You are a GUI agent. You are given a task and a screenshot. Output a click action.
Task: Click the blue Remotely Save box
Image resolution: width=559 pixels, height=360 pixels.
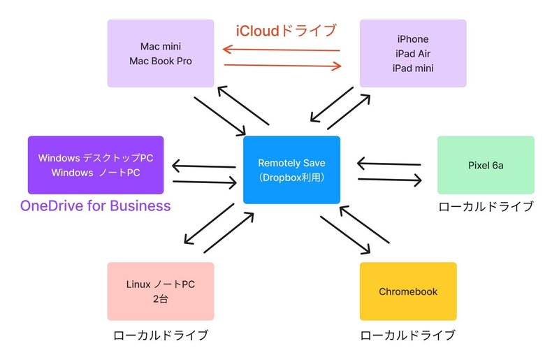tap(291, 170)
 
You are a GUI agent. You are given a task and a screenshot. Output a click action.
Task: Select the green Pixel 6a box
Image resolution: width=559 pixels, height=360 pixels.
tap(486, 165)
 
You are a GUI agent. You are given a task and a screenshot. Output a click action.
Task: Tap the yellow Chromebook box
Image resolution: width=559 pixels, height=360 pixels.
tap(408, 291)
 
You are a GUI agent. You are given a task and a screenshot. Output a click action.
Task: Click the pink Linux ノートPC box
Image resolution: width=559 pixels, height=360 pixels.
tap(161, 291)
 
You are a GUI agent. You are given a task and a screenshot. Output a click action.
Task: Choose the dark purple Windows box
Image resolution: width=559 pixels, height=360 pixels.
tap(96, 165)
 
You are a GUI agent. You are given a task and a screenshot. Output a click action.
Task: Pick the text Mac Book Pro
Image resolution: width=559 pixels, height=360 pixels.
tap(161, 61)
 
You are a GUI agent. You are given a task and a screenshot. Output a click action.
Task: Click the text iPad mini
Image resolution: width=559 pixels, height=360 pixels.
tap(413, 68)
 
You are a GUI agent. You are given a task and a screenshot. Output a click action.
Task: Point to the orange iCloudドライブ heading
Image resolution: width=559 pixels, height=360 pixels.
tap(286, 31)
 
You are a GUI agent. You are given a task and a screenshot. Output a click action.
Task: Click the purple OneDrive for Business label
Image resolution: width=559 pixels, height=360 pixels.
tap(96, 206)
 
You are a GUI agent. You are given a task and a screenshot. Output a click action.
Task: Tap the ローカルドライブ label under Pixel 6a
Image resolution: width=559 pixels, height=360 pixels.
tap(486, 207)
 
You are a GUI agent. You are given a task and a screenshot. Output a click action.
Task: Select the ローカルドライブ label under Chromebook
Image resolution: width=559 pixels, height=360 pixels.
tap(408, 335)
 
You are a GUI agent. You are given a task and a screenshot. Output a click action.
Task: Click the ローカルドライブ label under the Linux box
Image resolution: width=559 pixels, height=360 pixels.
tap(161, 335)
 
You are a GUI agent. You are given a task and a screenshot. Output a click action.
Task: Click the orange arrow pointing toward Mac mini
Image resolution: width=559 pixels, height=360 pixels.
tap(282, 49)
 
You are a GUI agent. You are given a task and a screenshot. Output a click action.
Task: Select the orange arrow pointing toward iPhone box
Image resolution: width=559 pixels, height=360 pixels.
tap(283, 65)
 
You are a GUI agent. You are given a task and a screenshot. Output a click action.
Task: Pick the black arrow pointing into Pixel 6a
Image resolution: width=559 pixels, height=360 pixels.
tap(390, 180)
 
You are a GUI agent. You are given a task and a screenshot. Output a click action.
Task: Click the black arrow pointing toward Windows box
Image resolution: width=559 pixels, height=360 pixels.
tap(203, 166)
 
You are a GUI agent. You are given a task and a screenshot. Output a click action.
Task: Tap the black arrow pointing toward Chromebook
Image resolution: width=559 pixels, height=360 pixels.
tap(345, 235)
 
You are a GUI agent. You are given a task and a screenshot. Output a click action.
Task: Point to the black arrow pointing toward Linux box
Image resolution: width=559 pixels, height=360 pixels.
tap(209, 224)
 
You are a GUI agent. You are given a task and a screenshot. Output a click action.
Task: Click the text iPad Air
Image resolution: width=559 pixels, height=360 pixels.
tap(413, 54)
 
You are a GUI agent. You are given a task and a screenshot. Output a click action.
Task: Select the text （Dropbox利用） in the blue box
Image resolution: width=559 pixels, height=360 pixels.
tap(291, 178)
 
